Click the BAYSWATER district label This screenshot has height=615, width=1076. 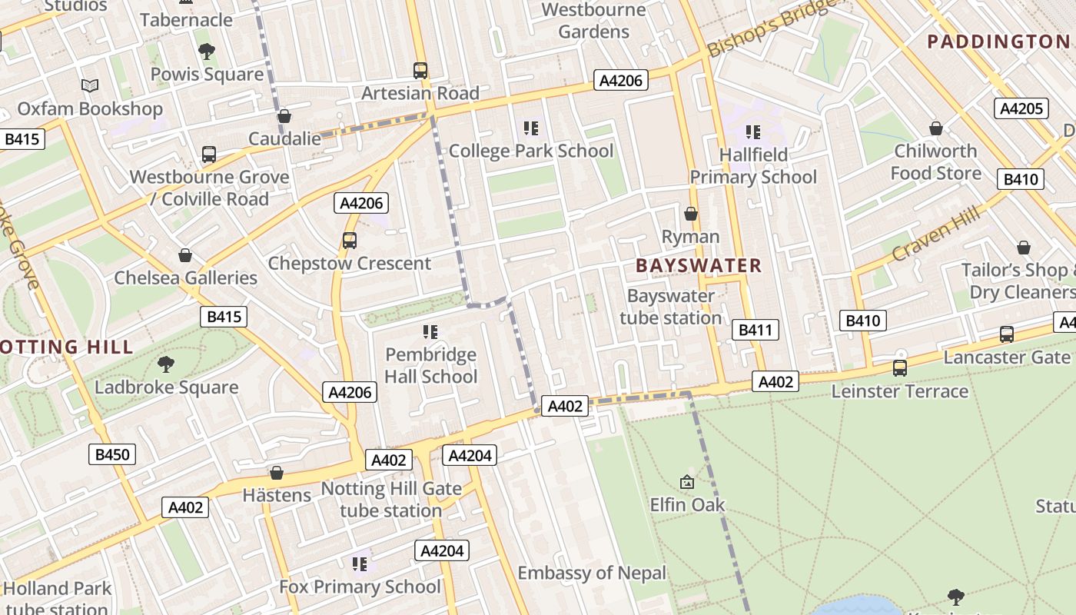[x=699, y=266]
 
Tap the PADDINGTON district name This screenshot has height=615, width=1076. [x=998, y=42]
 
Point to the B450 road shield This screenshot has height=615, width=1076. [x=112, y=454]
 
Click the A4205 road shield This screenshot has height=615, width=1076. [x=1021, y=108]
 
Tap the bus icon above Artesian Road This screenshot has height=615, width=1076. [x=420, y=71]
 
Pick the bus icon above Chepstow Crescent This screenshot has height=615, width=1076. [x=350, y=241]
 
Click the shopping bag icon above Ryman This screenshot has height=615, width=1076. [x=691, y=214]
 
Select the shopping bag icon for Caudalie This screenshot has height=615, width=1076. [x=284, y=116]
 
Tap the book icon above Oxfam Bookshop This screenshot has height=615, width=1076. [x=90, y=86]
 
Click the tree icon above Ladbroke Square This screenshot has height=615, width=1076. [x=166, y=364]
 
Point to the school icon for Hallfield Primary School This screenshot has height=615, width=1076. [x=753, y=132]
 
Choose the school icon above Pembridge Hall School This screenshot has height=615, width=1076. [x=430, y=332]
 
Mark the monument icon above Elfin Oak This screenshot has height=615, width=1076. [x=687, y=482]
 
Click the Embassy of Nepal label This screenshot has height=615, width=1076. [x=592, y=573]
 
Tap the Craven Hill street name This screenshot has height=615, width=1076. [x=936, y=233]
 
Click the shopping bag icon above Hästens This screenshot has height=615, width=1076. [x=277, y=473]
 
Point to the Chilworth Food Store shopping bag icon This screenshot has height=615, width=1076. [x=936, y=128]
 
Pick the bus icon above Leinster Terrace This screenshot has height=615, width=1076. [x=900, y=368]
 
